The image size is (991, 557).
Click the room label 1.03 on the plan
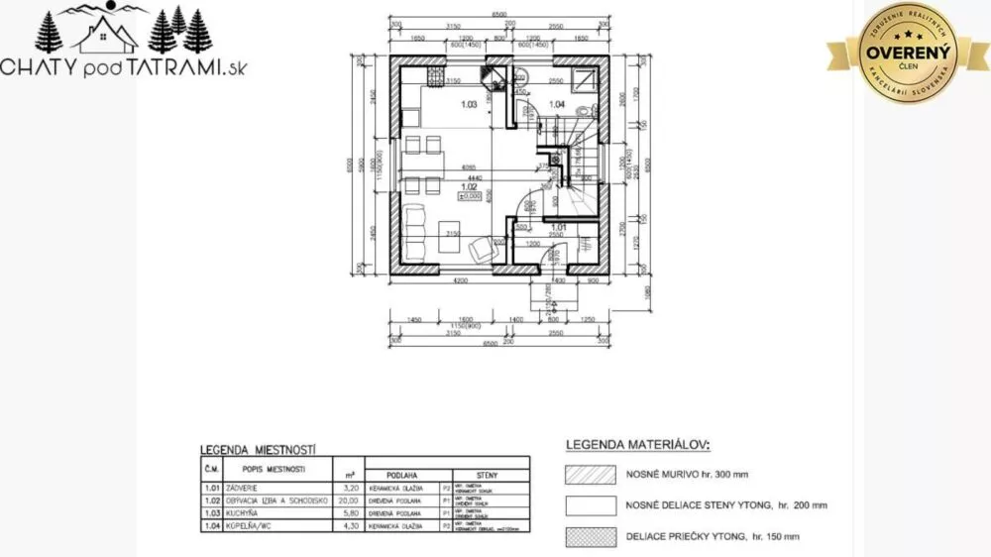pos(470,104)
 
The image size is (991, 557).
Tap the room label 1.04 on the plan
pos(557,104)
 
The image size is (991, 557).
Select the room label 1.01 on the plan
pos(558,228)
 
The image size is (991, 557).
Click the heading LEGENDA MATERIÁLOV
pos(637,445)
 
